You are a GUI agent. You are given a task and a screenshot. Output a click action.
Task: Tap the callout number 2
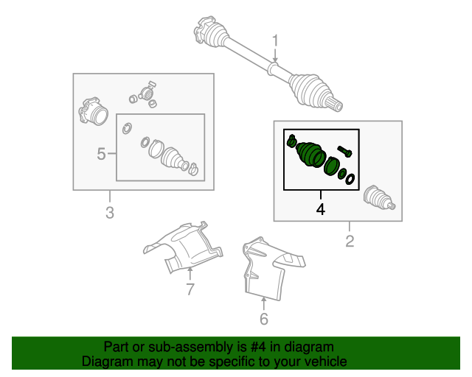pos(350,242)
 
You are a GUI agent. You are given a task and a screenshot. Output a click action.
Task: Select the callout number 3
pos(110,213)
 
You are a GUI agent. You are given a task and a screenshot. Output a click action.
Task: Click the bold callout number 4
pos(321,209)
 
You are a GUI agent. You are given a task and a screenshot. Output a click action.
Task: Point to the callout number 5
pos(102,154)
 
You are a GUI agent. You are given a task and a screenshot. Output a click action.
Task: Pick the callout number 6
pos(264,319)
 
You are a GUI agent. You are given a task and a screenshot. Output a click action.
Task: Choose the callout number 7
pos(190,289)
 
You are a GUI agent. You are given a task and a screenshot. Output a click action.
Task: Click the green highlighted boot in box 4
pos(310,154)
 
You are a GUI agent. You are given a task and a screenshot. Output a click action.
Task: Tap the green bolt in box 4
pos(344,151)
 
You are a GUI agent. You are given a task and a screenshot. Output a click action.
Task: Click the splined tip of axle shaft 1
pos(336,105)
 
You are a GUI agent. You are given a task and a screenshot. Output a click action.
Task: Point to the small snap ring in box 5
pos(127,128)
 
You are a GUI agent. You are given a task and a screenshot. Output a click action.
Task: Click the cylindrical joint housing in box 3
pos(94,111)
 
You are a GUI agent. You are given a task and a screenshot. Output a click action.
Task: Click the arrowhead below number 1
pos(275,60)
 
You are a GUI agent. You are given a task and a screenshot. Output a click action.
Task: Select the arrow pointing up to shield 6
pos(264,303)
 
